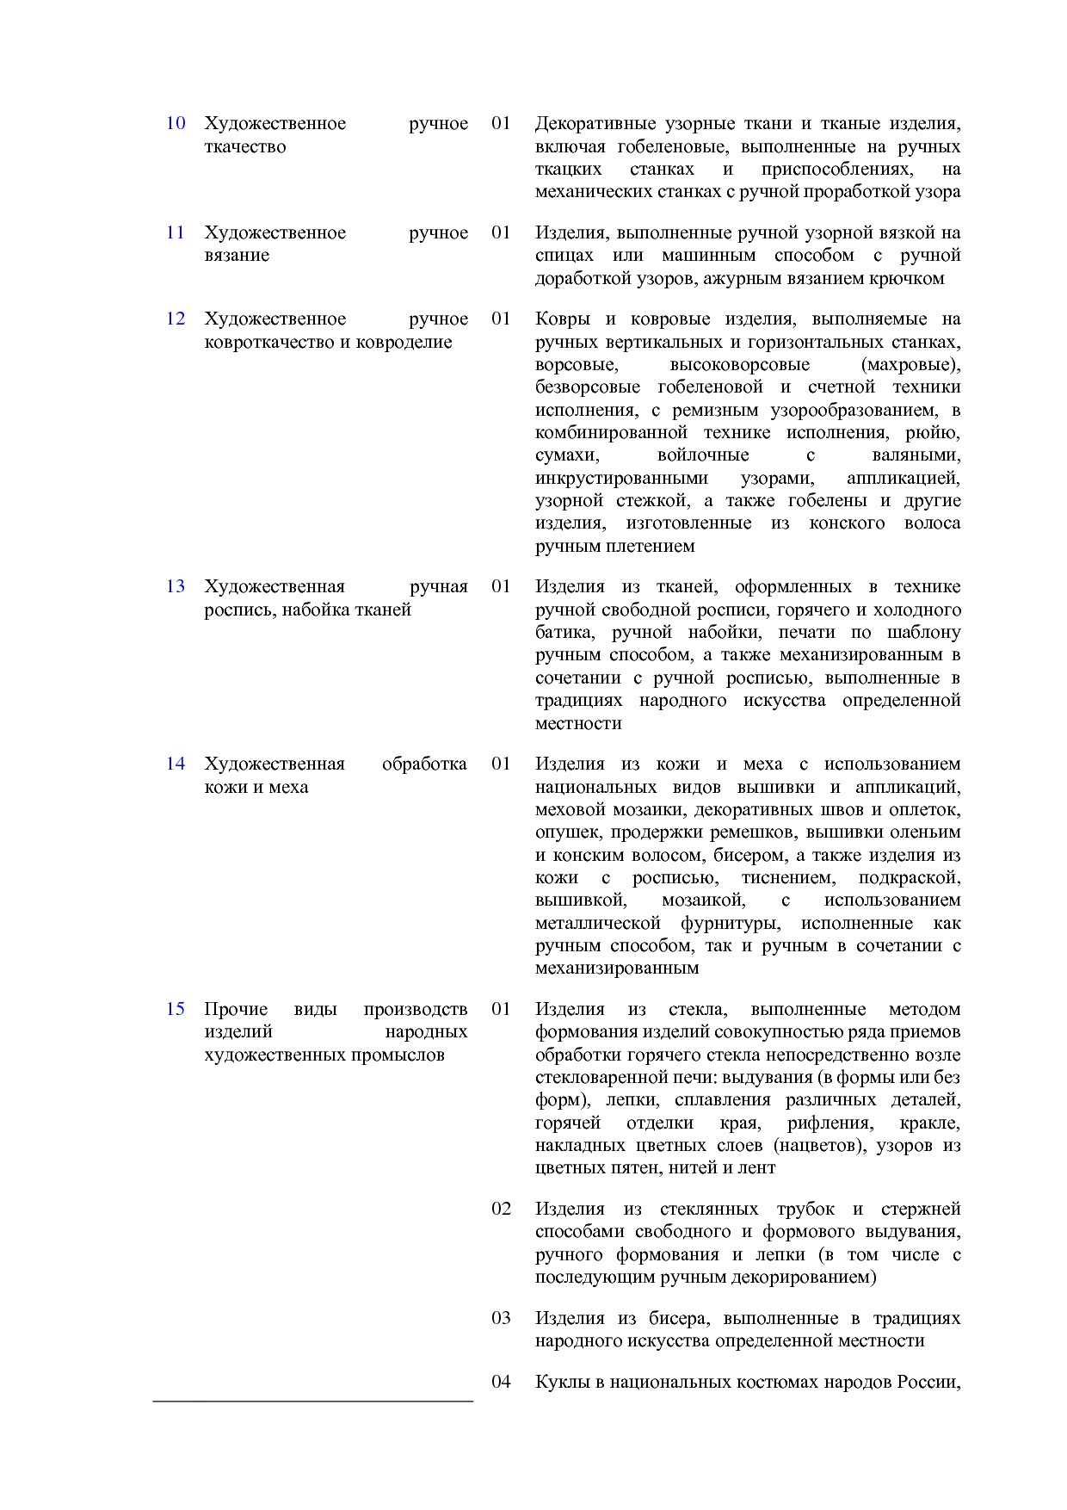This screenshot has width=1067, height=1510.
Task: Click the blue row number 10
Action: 176,123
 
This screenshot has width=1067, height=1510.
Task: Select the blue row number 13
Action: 176,586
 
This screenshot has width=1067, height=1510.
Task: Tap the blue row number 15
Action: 176,1009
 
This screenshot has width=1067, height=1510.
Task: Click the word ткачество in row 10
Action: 244,146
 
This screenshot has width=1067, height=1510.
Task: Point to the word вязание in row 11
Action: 237,256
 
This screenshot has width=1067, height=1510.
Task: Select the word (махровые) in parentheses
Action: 910,364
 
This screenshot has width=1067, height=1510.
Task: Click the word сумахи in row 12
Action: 567,455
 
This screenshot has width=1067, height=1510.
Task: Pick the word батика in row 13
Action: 564,633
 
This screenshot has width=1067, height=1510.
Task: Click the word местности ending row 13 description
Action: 578,723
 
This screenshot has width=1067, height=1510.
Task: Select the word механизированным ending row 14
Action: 617,969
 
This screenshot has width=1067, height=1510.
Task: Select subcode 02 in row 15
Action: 501,1209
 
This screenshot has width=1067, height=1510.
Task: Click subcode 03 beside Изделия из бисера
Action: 501,1318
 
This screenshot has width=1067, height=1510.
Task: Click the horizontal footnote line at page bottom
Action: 313,1402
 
